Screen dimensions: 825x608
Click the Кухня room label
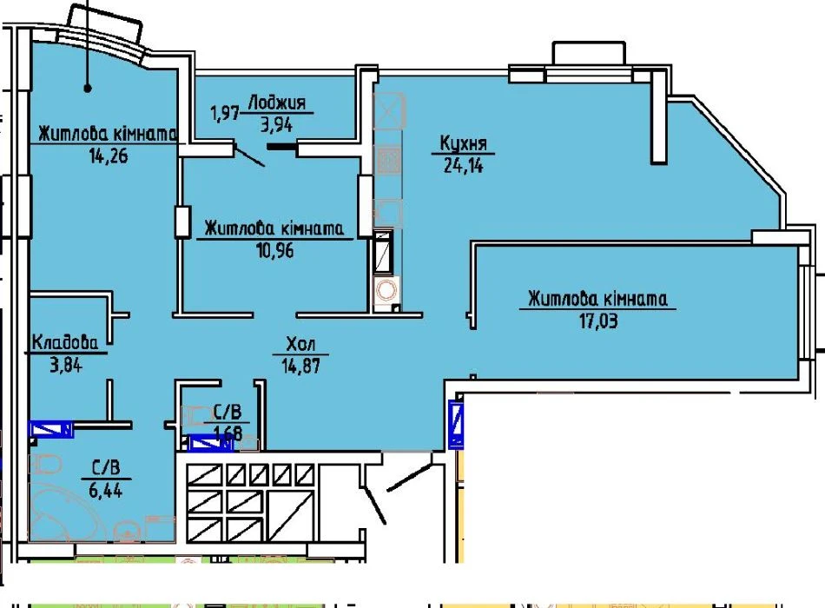click(x=463, y=143)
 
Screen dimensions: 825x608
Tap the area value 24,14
click(x=463, y=165)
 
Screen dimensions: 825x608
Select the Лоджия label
click(x=277, y=102)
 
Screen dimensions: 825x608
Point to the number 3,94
click(x=277, y=124)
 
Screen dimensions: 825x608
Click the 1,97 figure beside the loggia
click(x=225, y=112)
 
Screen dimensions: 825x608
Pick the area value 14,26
click(x=109, y=155)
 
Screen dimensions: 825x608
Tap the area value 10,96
click(x=274, y=250)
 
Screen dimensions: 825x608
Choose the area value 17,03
click(x=598, y=320)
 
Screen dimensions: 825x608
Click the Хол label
click(x=300, y=344)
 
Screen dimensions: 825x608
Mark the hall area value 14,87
click(x=300, y=366)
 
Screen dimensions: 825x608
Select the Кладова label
click(x=65, y=342)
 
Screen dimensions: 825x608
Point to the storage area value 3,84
click(x=66, y=364)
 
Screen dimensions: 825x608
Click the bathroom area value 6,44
click(x=106, y=490)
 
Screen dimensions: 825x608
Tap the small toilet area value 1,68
click(x=228, y=433)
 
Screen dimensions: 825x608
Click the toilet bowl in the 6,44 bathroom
click(x=46, y=466)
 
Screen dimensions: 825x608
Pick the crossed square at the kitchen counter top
click(x=389, y=110)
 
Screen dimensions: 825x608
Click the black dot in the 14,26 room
click(x=88, y=88)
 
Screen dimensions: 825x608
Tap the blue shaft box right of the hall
click(x=456, y=424)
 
